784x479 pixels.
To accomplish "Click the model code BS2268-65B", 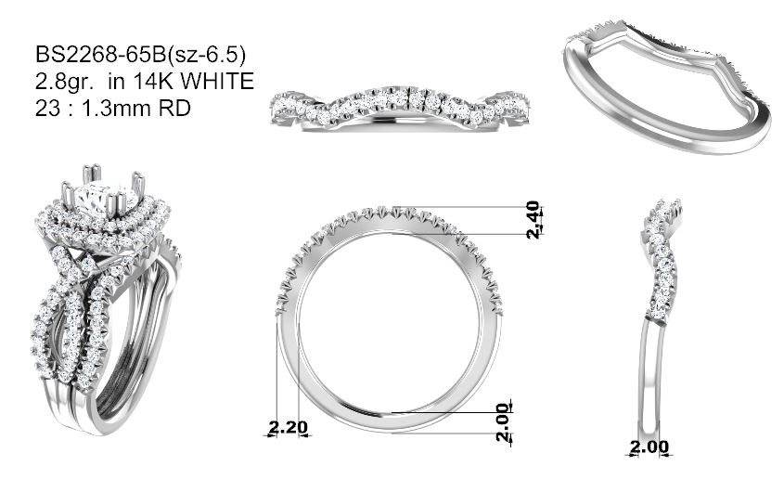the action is tap(100, 55).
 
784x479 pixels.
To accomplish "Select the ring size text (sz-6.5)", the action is tap(206, 55).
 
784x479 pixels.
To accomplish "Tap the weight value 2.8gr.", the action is tap(65, 82).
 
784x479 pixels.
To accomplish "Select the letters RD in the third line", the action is tap(174, 108).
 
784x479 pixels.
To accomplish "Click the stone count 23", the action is tap(48, 108).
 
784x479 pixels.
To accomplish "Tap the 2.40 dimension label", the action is tap(534, 219).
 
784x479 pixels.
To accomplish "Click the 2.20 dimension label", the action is tap(288, 428).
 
